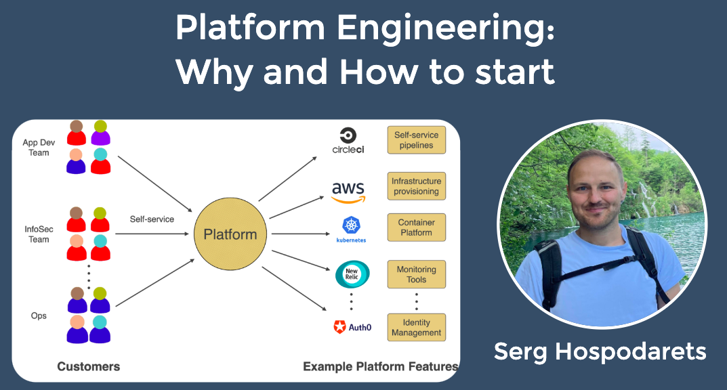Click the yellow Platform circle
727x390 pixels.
point(230,234)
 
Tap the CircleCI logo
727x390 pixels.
point(348,140)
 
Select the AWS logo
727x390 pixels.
point(348,192)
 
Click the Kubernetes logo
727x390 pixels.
point(351,230)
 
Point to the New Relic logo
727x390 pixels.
point(352,274)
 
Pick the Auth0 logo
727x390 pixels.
point(352,327)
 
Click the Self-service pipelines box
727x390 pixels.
point(417,140)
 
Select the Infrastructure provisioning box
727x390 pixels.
point(417,186)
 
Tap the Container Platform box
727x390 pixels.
point(417,227)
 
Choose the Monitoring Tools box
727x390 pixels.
point(417,274)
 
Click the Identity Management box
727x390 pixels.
point(417,328)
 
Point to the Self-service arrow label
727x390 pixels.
point(152,219)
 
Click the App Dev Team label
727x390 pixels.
point(39,148)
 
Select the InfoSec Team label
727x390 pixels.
point(38,234)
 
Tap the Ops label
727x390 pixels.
point(39,316)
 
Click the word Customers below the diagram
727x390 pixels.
point(88,366)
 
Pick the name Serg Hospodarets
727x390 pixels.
point(600,351)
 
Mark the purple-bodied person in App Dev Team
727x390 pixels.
point(101,133)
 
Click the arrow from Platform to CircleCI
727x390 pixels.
point(287,179)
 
